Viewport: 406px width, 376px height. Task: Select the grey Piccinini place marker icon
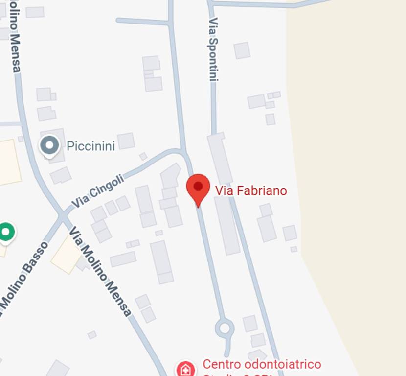(49, 145)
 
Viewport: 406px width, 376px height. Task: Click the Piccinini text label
(90, 146)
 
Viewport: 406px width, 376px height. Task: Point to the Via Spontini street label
(213, 49)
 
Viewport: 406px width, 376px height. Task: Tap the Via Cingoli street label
(98, 191)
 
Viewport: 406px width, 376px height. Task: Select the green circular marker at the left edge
(6, 232)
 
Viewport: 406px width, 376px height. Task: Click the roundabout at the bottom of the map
(225, 328)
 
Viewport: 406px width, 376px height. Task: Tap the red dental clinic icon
(185, 369)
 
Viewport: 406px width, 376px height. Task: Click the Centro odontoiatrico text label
(262, 365)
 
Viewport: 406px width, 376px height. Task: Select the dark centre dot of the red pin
(198, 186)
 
